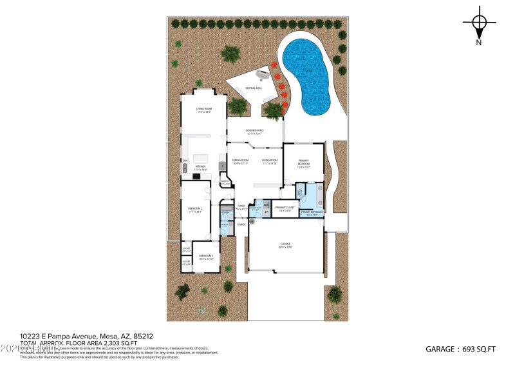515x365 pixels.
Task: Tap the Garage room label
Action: (286, 245)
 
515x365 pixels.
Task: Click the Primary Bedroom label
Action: (304, 164)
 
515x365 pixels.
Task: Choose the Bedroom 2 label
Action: (195, 210)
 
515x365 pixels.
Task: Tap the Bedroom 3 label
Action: (206, 257)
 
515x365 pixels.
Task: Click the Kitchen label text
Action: (200, 168)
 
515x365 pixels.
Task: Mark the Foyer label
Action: (241, 208)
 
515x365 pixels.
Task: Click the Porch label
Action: (242, 224)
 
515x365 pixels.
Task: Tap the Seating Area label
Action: (254, 88)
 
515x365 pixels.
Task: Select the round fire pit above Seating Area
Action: (261, 73)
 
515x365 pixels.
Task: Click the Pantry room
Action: (225, 182)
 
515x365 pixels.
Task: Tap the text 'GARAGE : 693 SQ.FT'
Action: (460, 349)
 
